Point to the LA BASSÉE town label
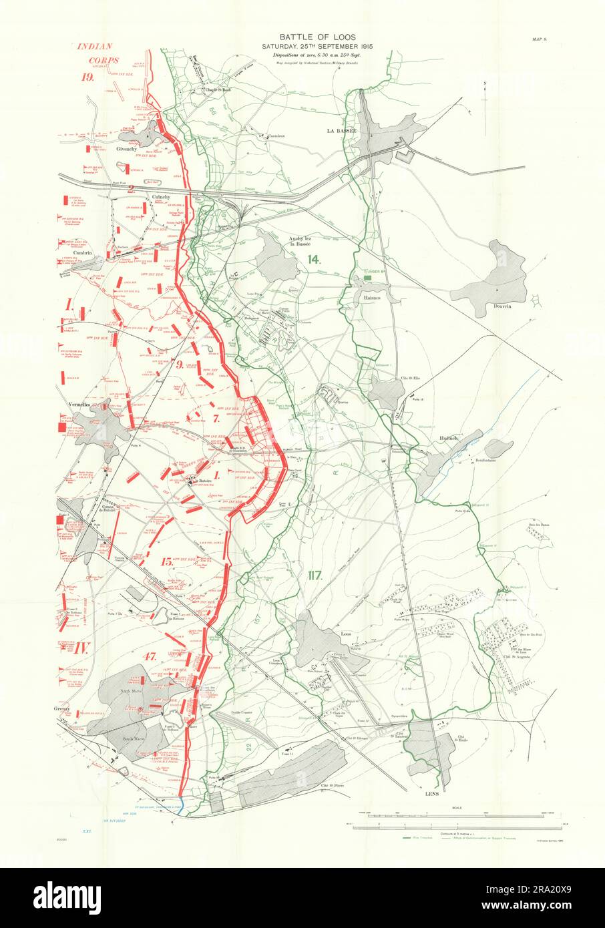[339, 131]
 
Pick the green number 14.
[311, 260]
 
